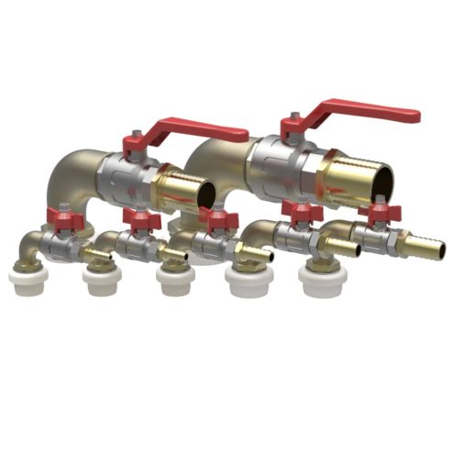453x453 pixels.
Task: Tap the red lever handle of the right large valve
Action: [x=367, y=115]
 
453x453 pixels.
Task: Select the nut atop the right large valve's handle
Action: [x=292, y=119]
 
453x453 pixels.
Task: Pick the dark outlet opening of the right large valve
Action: [x=382, y=182]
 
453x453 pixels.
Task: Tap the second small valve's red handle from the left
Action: [x=140, y=221]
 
